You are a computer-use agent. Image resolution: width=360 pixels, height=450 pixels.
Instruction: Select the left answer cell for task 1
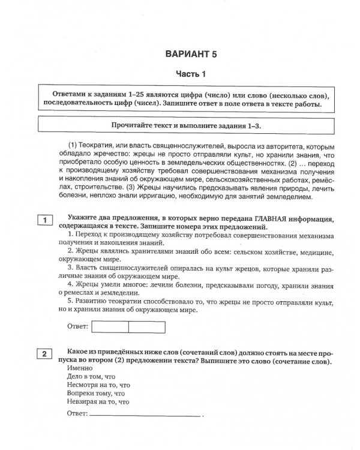(x=112, y=326)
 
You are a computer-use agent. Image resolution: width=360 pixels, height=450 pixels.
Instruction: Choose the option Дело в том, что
(x=91, y=376)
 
